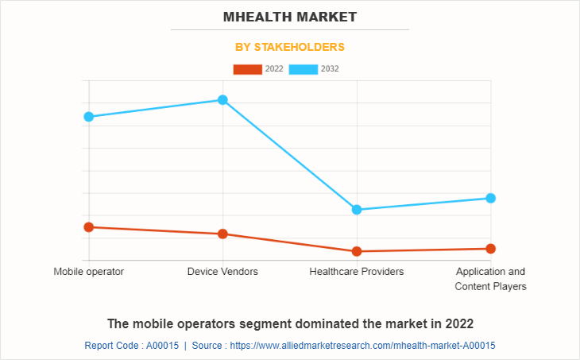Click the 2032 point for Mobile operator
click(x=89, y=117)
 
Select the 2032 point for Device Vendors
click(x=223, y=100)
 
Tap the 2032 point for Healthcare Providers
click(x=357, y=210)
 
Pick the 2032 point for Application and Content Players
click(x=491, y=198)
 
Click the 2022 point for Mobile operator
click(x=89, y=227)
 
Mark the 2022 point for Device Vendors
click(x=223, y=234)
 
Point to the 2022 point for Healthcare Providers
click(x=357, y=251)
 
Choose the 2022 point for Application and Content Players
click(x=491, y=249)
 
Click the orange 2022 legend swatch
click(x=247, y=69)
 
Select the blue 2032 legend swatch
click(x=303, y=69)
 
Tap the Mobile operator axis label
click(x=89, y=272)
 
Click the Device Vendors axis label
click(x=223, y=272)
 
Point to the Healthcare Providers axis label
click(x=357, y=272)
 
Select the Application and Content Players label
click(x=490, y=279)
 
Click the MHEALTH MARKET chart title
click(x=290, y=16)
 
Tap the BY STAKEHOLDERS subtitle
click(x=290, y=47)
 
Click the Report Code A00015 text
click(x=131, y=346)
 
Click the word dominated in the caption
click(x=325, y=323)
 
